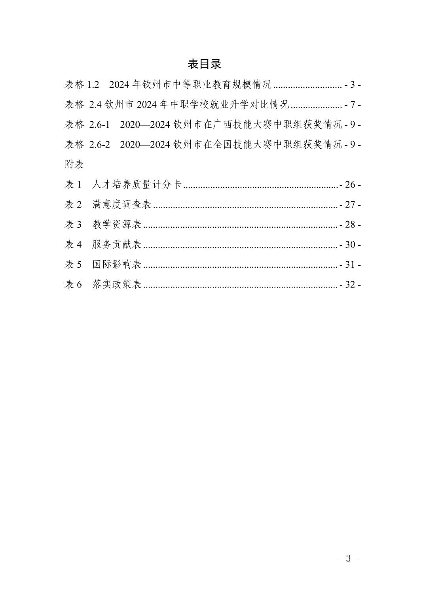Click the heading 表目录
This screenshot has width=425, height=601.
(x=204, y=64)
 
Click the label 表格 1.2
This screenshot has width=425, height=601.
(x=82, y=85)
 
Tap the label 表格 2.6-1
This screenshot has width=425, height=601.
(x=87, y=125)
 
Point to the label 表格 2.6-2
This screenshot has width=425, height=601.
(x=87, y=145)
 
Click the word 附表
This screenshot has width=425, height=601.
(x=74, y=164)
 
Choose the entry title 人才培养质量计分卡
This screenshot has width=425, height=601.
(x=137, y=185)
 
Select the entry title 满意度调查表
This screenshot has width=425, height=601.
(x=122, y=205)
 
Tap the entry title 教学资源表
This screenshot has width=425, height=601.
(x=117, y=225)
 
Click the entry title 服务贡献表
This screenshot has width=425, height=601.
(x=117, y=244)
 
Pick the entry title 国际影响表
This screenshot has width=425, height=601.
(x=117, y=265)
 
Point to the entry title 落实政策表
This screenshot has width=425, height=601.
(x=117, y=285)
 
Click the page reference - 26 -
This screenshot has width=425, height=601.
(x=350, y=185)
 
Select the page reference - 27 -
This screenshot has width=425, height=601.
(x=350, y=205)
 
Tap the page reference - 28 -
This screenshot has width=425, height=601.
(x=350, y=225)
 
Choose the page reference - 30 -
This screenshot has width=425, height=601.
(x=350, y=244)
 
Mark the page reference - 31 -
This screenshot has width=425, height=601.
(x=350, y=265)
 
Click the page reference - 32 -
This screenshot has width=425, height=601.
(x=350, y=285)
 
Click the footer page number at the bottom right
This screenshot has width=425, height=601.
(x=348, y=558)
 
